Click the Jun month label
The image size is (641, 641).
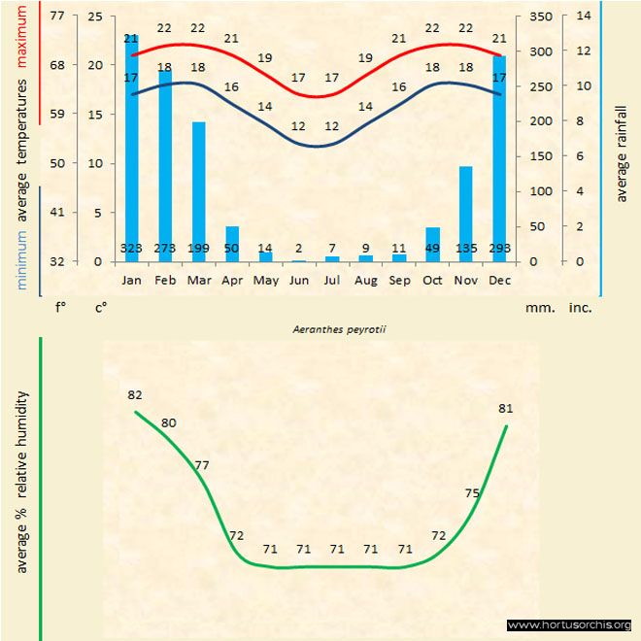(298, 280)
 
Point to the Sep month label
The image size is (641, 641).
(399, 280)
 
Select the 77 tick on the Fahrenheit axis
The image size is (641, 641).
(57, 17)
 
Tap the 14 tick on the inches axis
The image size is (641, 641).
(583, 17)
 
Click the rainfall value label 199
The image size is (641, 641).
(198, 249)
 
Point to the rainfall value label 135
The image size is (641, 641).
(466, 249)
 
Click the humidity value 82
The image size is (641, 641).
(135, 395)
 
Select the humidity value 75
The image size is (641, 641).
(472, 493)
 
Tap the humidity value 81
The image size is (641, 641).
(505, 408)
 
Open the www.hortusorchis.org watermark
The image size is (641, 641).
(570, 624)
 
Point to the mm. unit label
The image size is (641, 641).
(539, 306)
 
